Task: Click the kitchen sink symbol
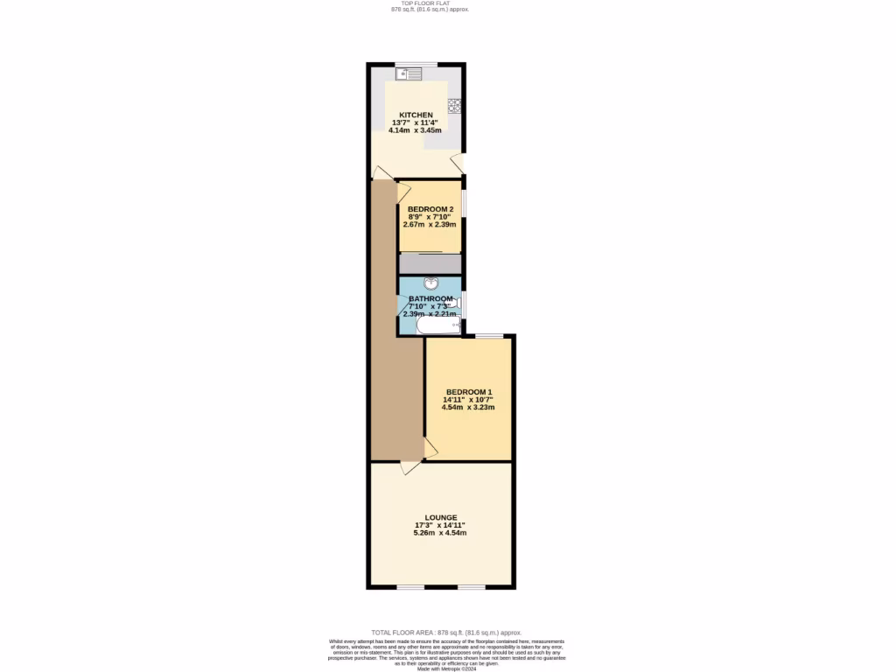coord(407,73)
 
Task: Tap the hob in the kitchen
coord(455,106)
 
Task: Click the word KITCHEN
coord(416,115)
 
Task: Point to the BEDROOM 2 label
coord(430,209)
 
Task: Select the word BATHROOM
coord(430,298)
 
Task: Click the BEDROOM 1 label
coord(469,392)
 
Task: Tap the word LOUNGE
coord(441,517)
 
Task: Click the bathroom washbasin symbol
coord(430,283)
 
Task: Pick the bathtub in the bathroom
coord(437,326)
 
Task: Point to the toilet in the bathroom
coord(451,303)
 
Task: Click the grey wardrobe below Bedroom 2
coord(430,264)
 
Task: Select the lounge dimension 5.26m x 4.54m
coord(441,533)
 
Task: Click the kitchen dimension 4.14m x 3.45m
coord(416,130)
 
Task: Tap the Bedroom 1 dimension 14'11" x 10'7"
coord(469,400)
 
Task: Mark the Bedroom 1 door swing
coord(430,448)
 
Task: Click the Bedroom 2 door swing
coord(403,189)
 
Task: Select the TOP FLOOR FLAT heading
coord(430,3)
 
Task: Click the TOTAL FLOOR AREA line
coord(446,632)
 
